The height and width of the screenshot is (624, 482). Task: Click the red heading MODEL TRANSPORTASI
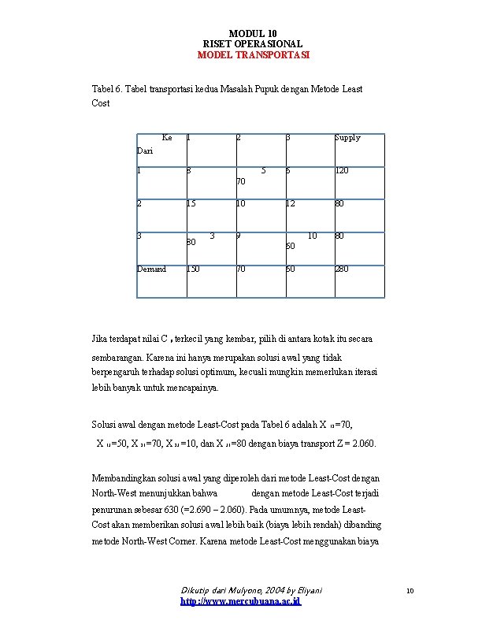pos(253,55)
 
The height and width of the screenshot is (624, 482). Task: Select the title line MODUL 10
pos(253,33)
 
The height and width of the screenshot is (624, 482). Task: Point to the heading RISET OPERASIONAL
pos(253,44)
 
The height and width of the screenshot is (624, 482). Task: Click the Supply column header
pos(347,138)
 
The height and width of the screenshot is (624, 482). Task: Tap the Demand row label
pos(152,269)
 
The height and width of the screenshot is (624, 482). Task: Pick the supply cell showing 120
pos(342,170)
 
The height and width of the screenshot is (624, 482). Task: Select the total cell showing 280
pos(342,269)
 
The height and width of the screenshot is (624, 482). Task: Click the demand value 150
pos(193,269)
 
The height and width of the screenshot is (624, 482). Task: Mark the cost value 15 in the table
pos(191,204)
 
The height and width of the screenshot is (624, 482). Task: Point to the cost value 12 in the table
pos(291,204)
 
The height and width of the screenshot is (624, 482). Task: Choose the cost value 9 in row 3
pos(238,236)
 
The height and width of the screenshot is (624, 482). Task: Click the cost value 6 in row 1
pos(288,170)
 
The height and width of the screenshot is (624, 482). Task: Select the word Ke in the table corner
pos(166,138)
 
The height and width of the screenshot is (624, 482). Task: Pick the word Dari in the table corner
pos(145,150)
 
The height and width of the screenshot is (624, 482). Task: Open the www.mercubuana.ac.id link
pos(240,601)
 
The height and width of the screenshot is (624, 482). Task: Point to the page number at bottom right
pos(409,590)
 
